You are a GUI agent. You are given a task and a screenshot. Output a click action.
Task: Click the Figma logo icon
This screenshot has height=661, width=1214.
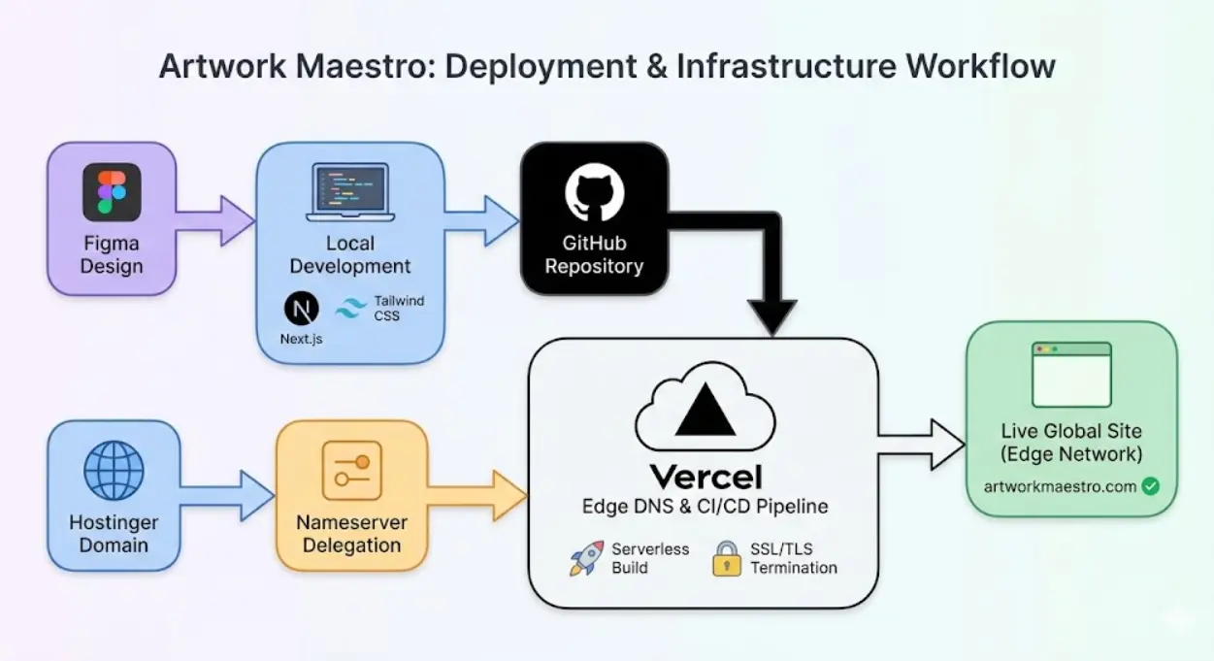(112, 192)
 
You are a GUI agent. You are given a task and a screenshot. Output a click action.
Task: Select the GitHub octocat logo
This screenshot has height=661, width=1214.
(594, 193)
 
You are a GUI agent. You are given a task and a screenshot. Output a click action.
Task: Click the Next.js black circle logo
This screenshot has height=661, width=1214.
(301, 309)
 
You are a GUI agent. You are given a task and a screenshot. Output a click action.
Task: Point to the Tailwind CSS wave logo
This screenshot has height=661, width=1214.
(350, 309)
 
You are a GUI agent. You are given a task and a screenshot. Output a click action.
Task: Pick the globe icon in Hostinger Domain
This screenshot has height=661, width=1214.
(114, 471)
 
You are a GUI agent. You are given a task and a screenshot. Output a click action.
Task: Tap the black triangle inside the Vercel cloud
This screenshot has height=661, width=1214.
(705, 410)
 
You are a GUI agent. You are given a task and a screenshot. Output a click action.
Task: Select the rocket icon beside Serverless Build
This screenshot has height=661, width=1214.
(587, 558)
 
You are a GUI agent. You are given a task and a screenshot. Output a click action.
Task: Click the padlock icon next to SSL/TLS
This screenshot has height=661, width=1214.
(727, 558)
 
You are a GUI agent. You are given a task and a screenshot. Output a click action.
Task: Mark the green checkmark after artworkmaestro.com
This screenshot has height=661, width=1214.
(1151, 486)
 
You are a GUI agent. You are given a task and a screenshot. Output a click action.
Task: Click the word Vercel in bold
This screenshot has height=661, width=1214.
(705, 477)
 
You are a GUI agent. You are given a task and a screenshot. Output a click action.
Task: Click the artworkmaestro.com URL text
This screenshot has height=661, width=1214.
(1060, 486)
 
